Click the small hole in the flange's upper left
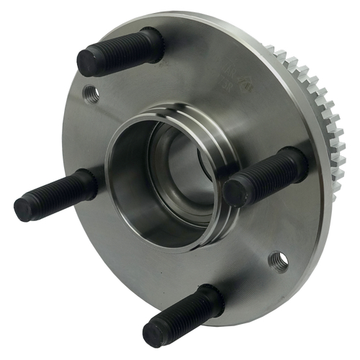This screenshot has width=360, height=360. [91, 93]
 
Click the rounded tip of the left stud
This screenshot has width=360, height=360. [24, 209]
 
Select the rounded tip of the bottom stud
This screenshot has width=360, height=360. [154, 333]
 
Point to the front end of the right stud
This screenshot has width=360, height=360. [235, 192]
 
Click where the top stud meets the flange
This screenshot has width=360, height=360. [153, 41]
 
